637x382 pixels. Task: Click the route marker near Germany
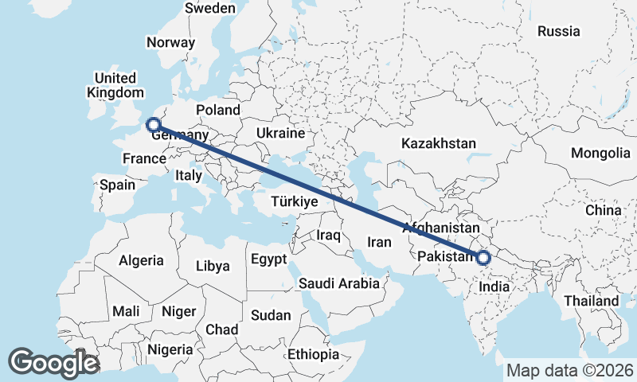point(153,124)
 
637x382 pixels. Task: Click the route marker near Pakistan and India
point(483,257)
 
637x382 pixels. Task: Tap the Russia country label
point(558,32)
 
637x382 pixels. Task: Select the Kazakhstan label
point(439,144)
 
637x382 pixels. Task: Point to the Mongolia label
point(601,154)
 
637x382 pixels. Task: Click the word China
point(603,210)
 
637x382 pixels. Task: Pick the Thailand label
point(591,301)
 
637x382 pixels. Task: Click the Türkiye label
point(294,202)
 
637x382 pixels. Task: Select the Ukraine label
point(281,132)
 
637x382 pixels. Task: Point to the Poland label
point(217,110)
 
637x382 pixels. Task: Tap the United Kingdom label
point(115,85)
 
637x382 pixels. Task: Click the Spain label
point(117,185)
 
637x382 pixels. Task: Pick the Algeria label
point(141,260)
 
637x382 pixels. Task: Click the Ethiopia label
point(314,353)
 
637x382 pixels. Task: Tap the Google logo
point(53,363)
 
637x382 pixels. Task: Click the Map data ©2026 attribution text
point(569,370)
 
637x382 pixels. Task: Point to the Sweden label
point(209,8)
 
